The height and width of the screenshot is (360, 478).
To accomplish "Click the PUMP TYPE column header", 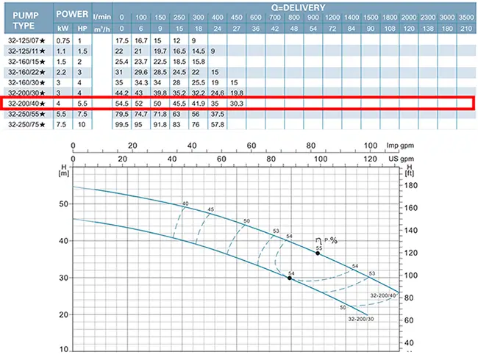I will [25, 16].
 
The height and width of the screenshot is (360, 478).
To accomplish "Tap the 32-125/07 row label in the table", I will [26, 39].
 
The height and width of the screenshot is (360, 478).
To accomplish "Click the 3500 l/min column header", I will [465, 17].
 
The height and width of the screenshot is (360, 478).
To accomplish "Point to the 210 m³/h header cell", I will [465, 27].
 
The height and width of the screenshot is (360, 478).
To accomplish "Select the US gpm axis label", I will [401, 157].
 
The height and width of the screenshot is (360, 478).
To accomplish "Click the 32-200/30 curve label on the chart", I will [382, 319].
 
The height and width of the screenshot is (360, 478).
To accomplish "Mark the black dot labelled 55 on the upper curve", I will [318, 253].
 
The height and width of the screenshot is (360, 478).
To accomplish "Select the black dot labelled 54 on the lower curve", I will [290, 278].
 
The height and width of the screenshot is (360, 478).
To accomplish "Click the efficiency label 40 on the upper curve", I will [185, 203].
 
